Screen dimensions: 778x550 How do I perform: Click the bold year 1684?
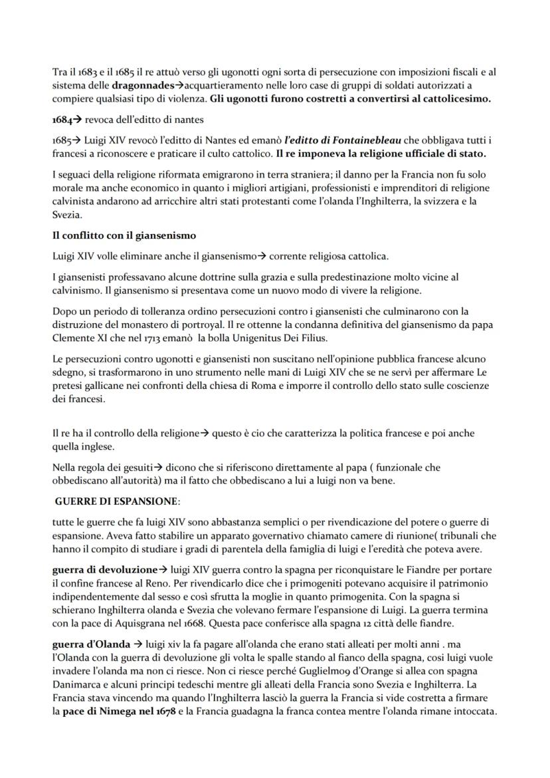tap(61, 119)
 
